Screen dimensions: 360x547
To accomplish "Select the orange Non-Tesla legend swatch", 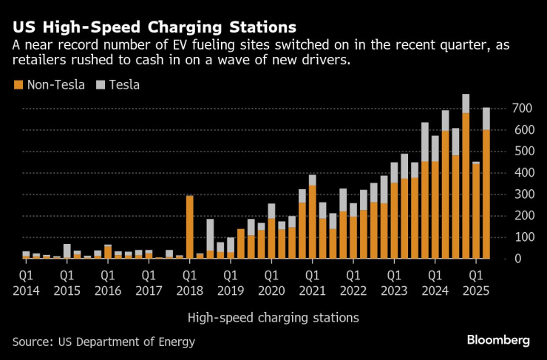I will (17, 85).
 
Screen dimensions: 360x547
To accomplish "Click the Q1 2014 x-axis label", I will (26, 282).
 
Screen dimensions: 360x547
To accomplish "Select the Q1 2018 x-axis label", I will (189, 282).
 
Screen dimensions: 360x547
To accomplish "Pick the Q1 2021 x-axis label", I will (312, 282).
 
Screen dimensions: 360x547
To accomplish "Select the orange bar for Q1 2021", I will (312, 222).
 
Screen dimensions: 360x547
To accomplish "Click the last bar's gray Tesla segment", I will (486, 118).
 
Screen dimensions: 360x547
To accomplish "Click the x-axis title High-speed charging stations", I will (273, 318).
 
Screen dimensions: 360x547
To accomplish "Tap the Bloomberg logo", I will (497, 340).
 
